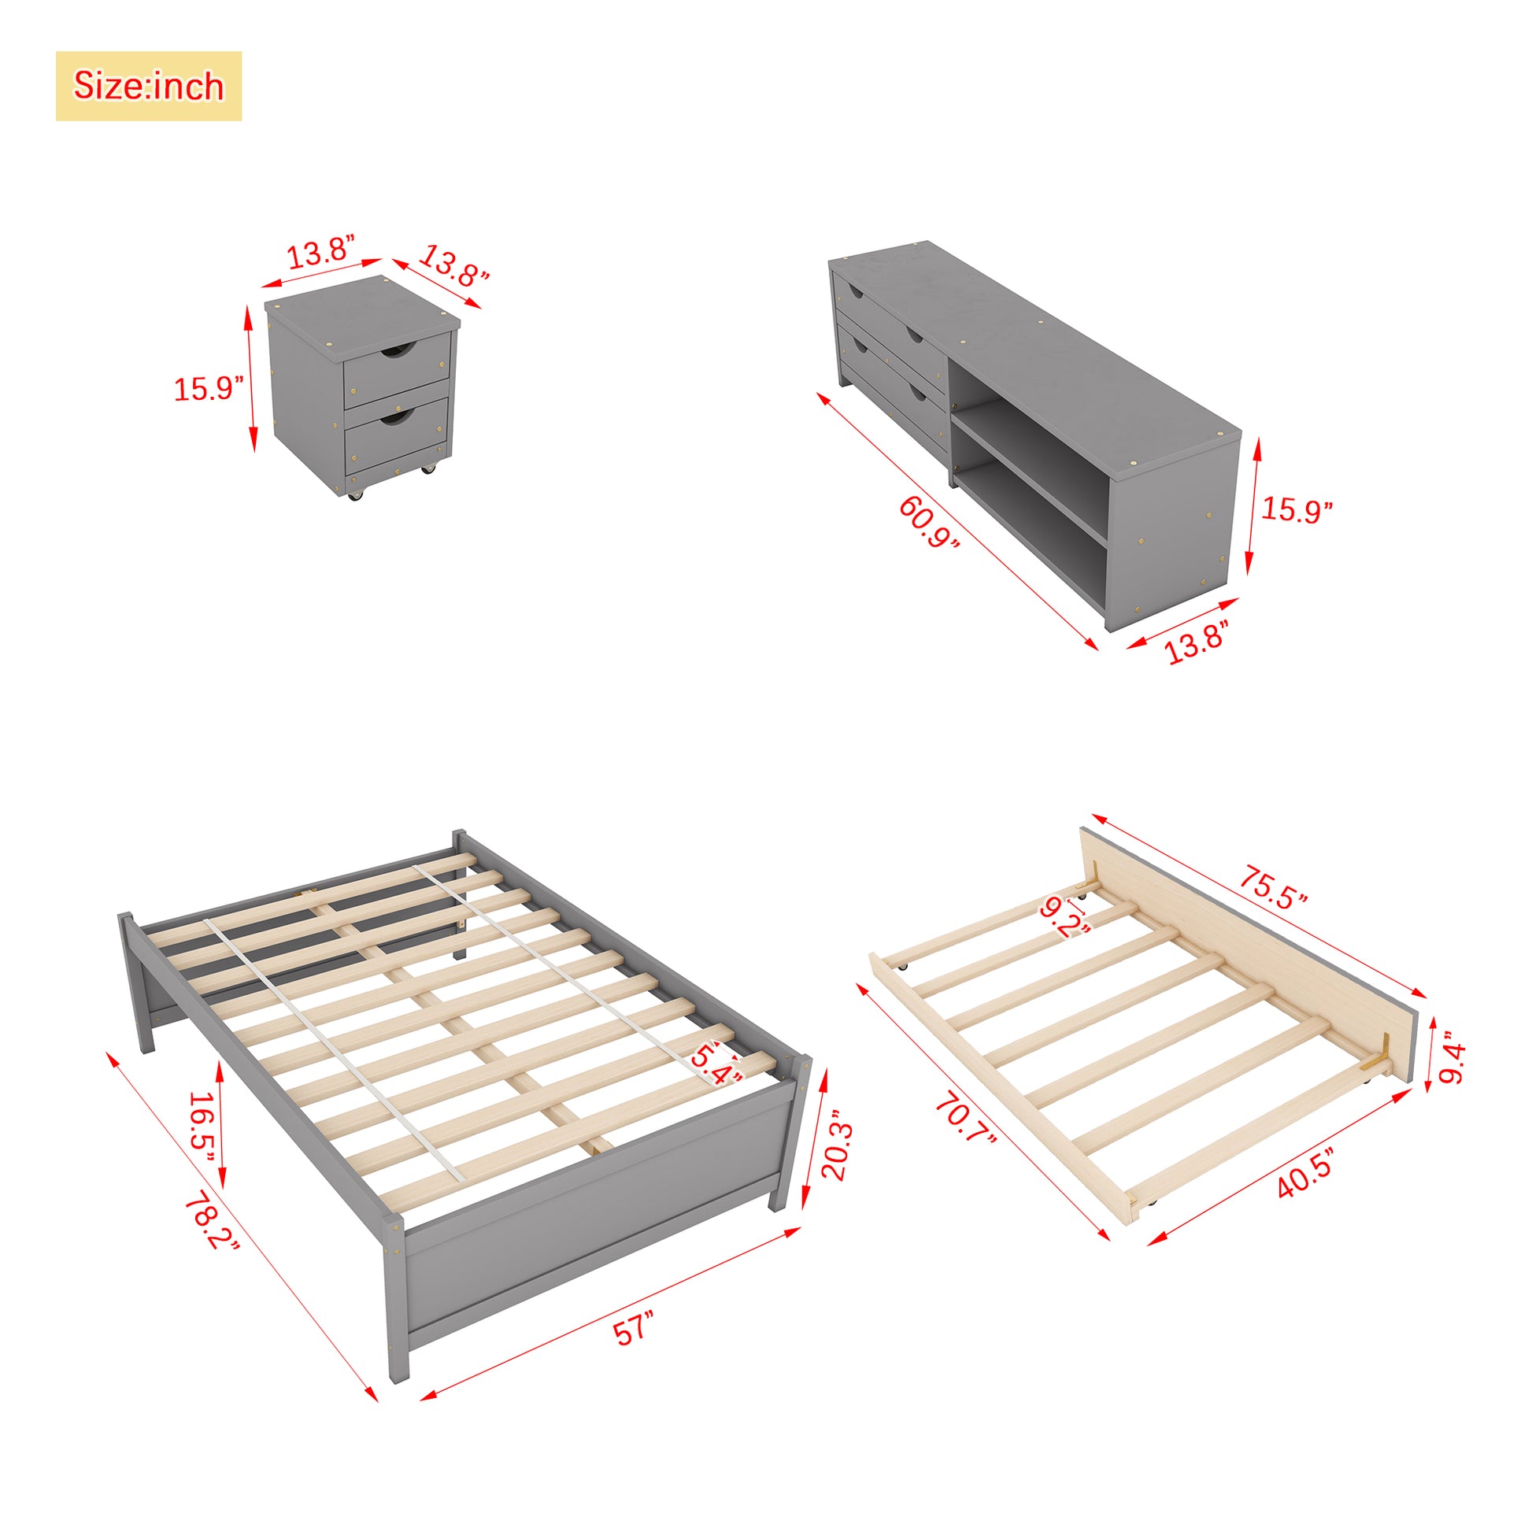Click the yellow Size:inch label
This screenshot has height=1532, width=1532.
point(148,86)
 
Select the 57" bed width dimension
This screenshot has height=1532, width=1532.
point(635,1327)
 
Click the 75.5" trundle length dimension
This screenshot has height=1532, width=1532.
point(1273,887)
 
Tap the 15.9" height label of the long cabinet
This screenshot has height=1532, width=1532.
point(1297,510)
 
